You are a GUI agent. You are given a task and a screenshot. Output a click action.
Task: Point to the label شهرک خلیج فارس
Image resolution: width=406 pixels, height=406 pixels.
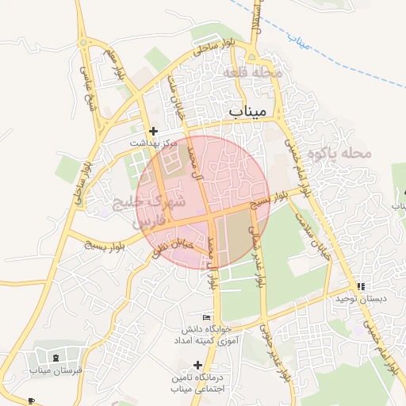[x=151, y=211]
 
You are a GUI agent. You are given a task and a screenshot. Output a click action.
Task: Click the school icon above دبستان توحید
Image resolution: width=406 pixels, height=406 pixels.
[x=361, y=286]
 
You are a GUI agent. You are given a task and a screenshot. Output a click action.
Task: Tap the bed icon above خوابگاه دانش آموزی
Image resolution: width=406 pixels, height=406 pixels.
[x=207, y=316]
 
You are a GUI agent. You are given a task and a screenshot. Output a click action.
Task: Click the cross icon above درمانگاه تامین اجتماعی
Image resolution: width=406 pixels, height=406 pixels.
[x=197, y=365]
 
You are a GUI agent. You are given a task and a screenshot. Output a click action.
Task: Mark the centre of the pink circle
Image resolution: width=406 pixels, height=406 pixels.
[x=204, y=201]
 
